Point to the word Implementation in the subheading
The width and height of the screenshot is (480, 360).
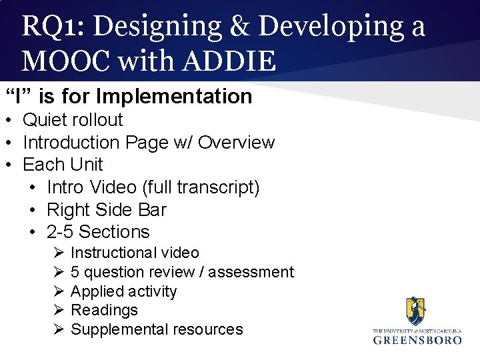[174, 97]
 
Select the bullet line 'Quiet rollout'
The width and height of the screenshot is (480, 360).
[73, 120]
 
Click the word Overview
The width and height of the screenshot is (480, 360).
[236, 143]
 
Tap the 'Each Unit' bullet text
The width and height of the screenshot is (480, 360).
[63, 165]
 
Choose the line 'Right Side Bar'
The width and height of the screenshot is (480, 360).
[106, 210]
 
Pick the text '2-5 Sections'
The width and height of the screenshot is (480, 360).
[98, 232]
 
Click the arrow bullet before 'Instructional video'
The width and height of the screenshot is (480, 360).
[57, 253]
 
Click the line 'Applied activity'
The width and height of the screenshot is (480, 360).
[123, 291]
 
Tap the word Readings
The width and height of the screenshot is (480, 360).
[104, 310]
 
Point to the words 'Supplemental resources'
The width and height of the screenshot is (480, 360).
[157, 329]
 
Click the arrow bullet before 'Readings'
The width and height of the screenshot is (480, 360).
[57, 310]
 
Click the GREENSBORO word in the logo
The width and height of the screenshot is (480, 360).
[417, 339]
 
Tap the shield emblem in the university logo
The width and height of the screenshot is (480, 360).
[415, 311]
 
